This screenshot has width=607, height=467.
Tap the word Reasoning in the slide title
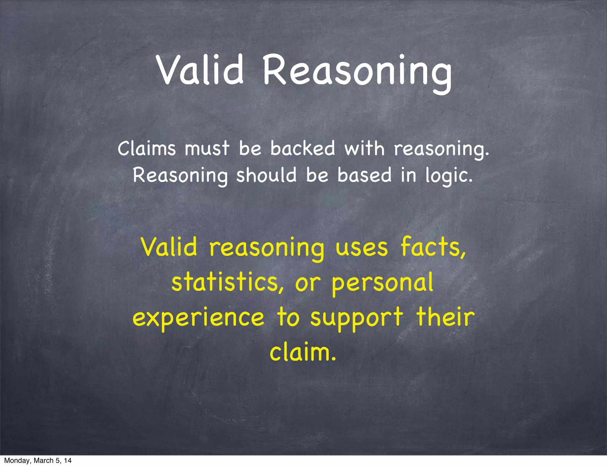pos(357,73)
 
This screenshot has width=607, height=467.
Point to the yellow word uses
pos(362,248)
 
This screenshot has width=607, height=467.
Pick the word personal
pos(382,283)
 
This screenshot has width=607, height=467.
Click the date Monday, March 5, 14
pos(38,460)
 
